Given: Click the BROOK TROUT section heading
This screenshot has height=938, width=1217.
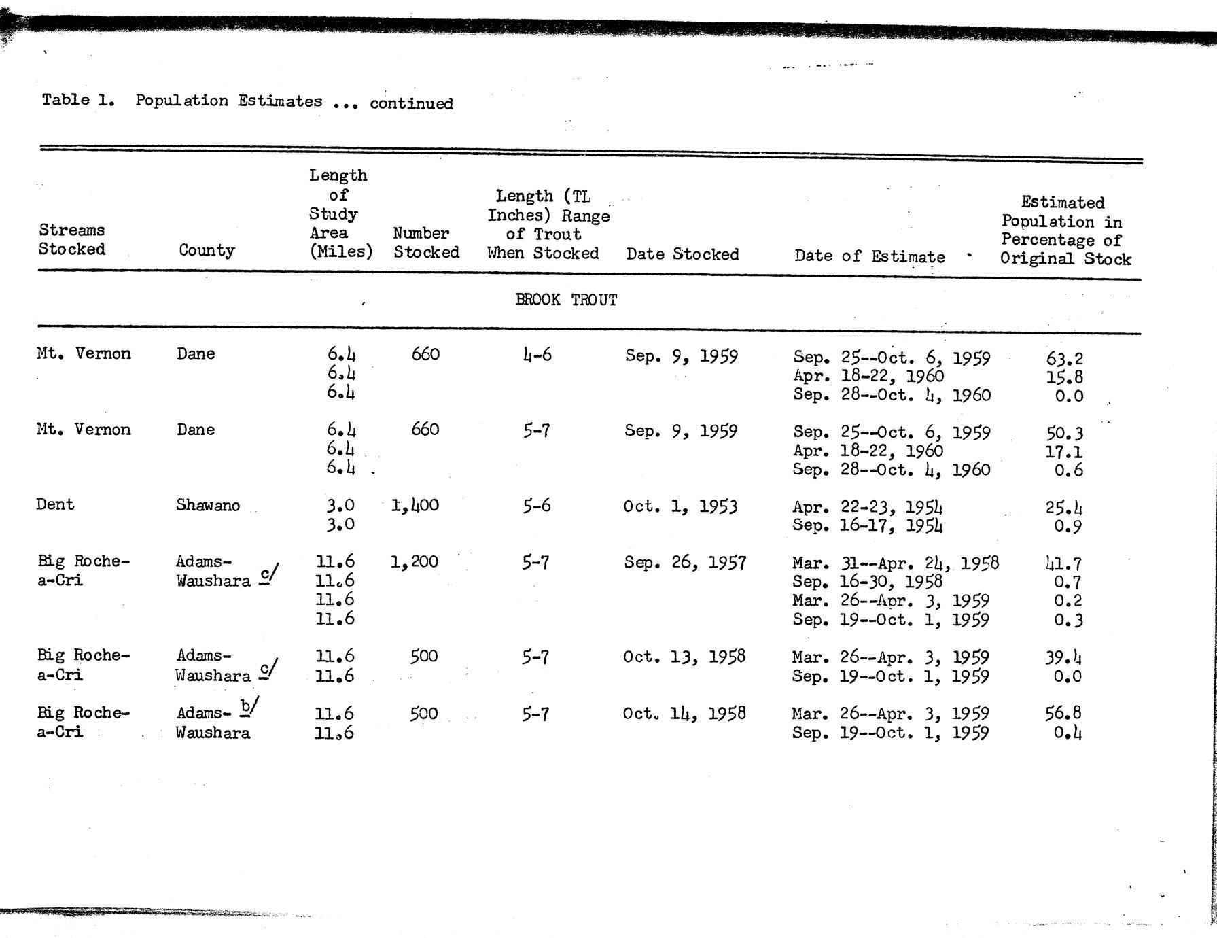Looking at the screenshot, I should tap(566, 300).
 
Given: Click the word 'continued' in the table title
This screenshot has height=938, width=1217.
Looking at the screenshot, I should tap(411, 103).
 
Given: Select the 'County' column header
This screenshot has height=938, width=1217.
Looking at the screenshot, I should tap(207, 250).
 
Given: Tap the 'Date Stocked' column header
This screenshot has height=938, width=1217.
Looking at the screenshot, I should tap(682, 254).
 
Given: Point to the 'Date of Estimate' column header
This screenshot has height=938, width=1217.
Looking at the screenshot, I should tap(869, 256).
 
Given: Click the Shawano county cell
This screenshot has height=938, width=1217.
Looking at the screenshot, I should tap(207, 505).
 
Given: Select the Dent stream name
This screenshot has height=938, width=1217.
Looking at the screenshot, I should tap(55, 504).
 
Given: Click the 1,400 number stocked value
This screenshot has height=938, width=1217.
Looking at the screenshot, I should tap(415, 505).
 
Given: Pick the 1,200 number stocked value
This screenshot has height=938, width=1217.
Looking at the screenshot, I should tap(415, 561).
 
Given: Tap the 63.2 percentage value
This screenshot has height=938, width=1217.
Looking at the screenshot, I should tap(1065, 358).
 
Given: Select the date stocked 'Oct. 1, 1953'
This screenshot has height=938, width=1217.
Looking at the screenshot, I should tap(680, 506).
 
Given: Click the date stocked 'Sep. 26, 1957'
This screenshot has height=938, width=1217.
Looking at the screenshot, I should tap(685, 562).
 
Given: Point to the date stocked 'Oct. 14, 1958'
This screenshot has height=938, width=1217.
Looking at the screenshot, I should tap(684, 713).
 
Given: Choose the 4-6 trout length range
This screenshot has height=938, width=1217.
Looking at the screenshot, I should tap(537, 355).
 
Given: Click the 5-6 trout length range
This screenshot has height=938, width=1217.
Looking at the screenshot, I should tap(536, 506).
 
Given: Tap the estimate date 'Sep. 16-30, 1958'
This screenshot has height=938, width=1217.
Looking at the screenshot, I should tap(867, 582).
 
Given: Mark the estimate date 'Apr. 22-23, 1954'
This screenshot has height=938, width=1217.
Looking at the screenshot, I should tap(867, 507).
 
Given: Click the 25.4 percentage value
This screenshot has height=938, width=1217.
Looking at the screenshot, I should tap(1064, 508).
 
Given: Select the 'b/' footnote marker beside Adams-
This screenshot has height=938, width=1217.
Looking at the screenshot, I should tap(249, 708).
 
